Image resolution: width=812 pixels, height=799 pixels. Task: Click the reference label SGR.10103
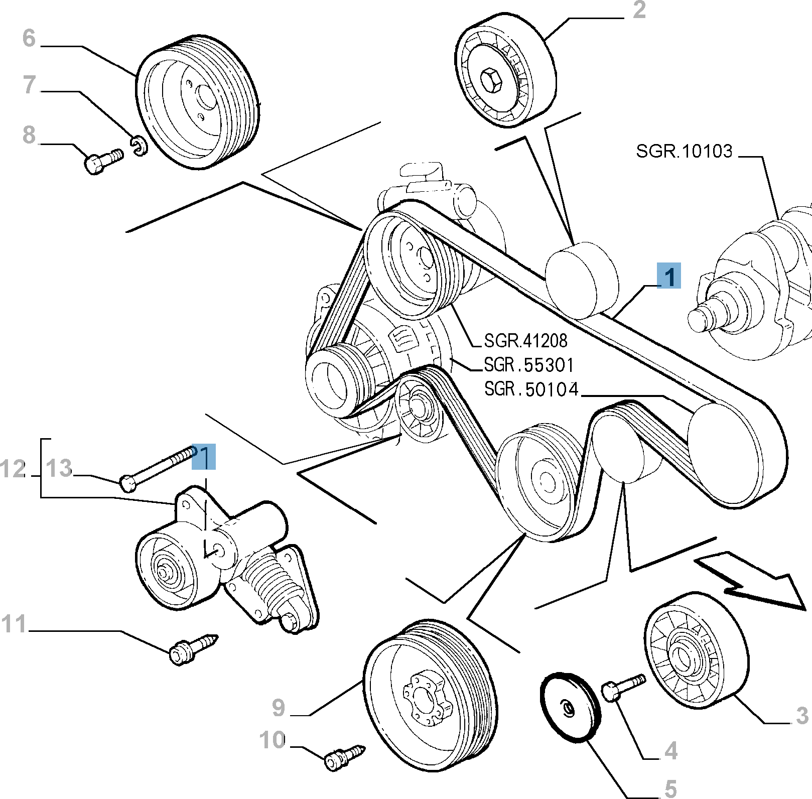[684, 151]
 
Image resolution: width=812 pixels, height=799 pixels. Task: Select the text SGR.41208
[525, 341]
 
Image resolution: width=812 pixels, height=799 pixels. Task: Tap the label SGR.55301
[528, 365]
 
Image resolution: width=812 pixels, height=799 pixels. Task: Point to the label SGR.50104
[531, 389]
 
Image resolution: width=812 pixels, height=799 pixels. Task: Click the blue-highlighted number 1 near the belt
[669, 276]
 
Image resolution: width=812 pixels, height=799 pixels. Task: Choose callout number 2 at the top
[639, 10]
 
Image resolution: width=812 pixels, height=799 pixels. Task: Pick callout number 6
[29, 38]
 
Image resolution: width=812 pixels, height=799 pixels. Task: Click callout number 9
[279, 708]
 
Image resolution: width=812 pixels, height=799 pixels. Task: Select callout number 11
[14, 624]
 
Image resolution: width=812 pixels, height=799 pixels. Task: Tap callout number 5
[670, 788]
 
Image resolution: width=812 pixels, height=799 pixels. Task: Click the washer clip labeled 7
[139, 146]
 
